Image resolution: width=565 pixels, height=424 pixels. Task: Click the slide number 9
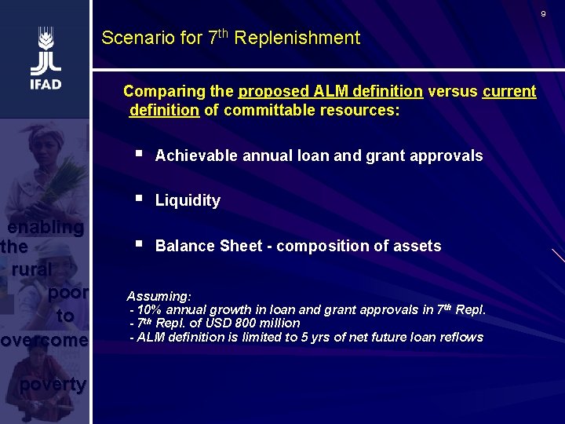(542, 14)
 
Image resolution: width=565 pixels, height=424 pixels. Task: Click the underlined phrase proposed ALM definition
(330, 92)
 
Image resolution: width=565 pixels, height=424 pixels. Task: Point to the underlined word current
(509, 92)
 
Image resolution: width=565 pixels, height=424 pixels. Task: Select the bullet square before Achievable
(139, 155)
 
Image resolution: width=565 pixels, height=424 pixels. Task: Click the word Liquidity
(188, 200)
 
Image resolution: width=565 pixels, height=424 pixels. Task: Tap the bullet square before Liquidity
(139, 199)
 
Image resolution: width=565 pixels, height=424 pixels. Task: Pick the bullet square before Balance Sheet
(139, 245)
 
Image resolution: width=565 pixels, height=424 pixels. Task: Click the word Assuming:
(159, 297)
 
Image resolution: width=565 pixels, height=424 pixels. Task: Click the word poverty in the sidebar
(52, 385)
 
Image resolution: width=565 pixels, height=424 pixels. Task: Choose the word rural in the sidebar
(31, 269)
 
